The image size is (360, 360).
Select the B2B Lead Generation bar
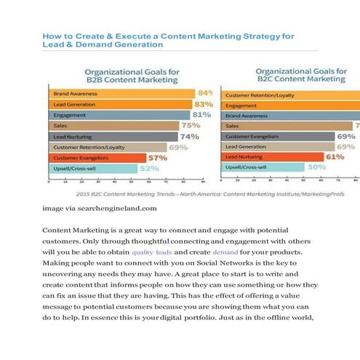click(121, 105)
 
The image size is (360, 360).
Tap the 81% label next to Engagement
click(201, 115)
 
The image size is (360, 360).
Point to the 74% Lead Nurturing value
click(190, 136)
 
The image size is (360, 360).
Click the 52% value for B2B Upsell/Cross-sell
click(149, 168)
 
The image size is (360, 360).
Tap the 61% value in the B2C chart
click(335, 156)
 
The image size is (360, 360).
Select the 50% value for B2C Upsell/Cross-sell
click(317, 167)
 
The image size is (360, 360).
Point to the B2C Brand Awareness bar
click(291, 116)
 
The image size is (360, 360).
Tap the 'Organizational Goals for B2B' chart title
click(132, 76)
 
